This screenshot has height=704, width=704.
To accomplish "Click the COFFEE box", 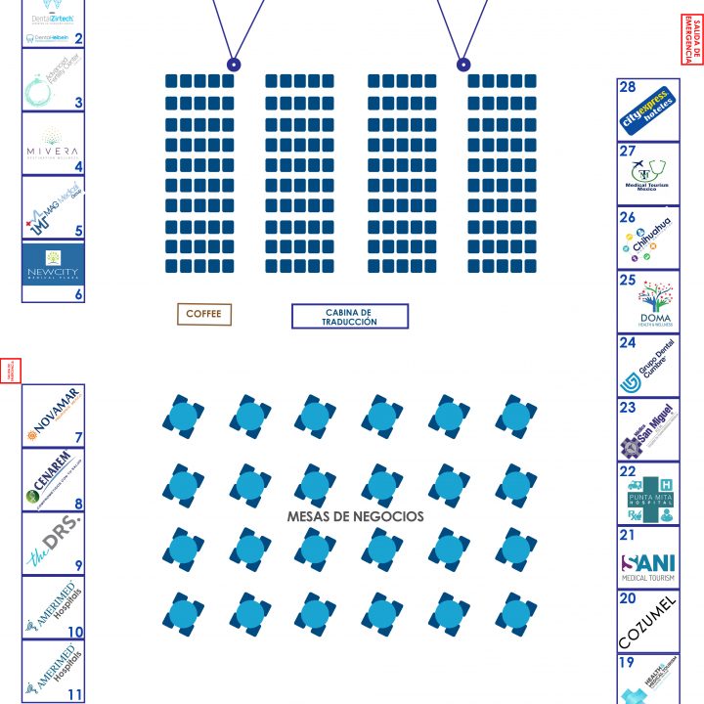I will (x=204, y=314).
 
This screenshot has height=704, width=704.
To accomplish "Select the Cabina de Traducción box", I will (x=349, y=316).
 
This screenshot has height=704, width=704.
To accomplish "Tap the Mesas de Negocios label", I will (x=355, y=515).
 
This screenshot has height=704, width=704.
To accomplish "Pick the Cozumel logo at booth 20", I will (x=647, y=622).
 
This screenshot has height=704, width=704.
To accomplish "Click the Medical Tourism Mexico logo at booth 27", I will (x=647, y=174).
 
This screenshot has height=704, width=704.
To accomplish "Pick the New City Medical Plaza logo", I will (x=53, y=263).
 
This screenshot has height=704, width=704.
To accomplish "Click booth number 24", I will (x=628, y=343).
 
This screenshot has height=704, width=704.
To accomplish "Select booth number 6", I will (x=78, y=294).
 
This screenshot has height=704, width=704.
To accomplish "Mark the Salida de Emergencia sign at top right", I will (x=691, y=40).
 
